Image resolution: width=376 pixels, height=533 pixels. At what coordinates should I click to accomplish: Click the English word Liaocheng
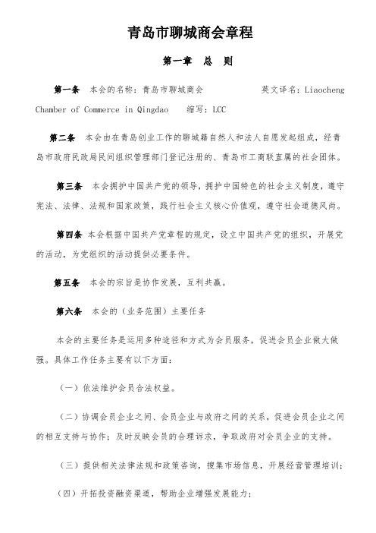coord(324,90)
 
